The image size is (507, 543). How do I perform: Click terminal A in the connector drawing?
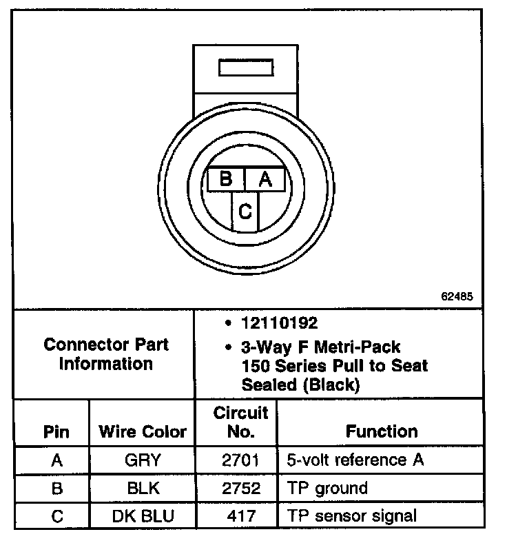[265, 179]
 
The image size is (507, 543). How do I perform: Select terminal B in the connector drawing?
[225, 179]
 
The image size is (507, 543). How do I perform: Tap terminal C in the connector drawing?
[245, 211]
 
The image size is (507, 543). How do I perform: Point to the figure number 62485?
[457, 298]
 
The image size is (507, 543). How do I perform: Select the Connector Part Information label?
[105, 354]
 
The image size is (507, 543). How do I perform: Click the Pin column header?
[56, 432]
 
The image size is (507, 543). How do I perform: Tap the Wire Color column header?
[143, 432]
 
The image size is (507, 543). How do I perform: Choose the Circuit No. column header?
[240, 422]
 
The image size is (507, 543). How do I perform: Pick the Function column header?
[382, 431]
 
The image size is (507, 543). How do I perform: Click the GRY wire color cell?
[143, 460]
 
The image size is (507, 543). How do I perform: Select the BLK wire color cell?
[143, 489]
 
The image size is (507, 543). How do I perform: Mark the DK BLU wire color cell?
[143, 515]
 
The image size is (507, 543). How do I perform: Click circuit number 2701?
[240, 460]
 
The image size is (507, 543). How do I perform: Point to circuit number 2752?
[240, 489]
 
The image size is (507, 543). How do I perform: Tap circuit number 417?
[240, 515]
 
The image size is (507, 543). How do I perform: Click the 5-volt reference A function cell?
[354, 460]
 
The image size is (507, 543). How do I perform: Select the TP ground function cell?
[327, 489]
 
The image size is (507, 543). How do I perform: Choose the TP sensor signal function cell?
[351, 515]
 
